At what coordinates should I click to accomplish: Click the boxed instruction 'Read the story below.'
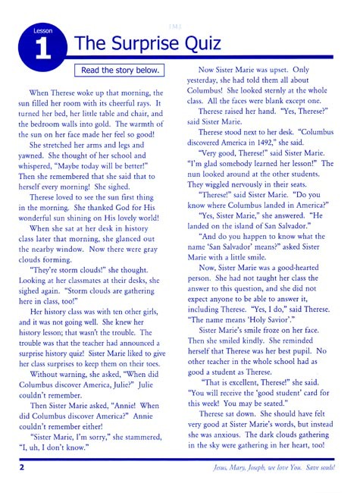pyautogui.click(x=121, y=71)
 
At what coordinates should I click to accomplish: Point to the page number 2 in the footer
pyautogui.click(x=23, y=467)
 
